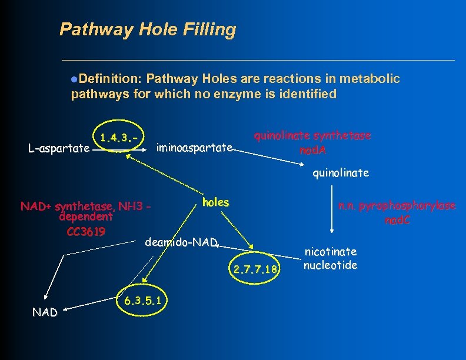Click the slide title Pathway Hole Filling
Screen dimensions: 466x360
coord(148,29)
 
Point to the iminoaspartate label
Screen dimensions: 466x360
coord(195,147)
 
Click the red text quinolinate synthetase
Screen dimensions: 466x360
coord(312,136)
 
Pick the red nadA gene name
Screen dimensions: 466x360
coord(312,150)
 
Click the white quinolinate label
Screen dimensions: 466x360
coord(341,173)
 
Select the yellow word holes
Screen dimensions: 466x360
coord(215,202)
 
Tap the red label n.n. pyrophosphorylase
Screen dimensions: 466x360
coord(397,206)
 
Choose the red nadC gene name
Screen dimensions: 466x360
coord(398,221)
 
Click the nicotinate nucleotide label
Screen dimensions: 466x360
coord(330,258)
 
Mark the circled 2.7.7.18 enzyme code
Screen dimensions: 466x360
coord(255,270)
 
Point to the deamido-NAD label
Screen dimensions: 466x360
coord(181,242)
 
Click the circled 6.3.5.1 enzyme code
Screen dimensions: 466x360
coord(142,301)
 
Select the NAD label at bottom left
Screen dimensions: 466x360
coord(45,312)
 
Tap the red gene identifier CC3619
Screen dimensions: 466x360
coord(86,231)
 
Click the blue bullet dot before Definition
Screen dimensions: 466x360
coord(74,79)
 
